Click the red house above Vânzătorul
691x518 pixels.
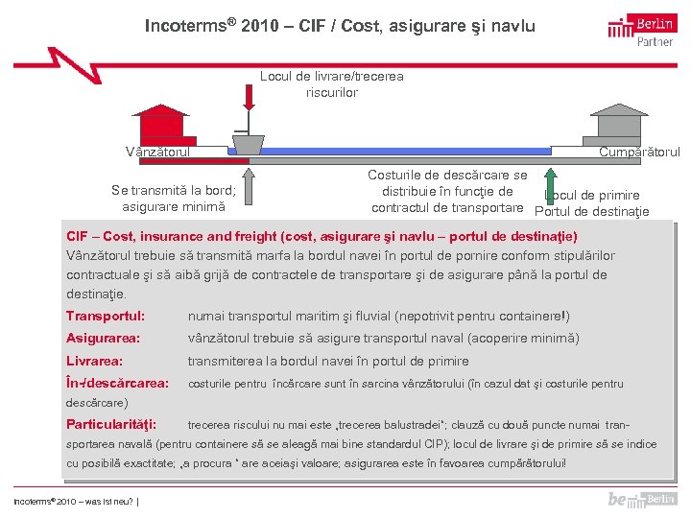point(159,124)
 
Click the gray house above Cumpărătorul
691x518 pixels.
point(619,123)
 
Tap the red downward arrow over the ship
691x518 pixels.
point(249,97)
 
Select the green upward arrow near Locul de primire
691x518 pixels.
point(550,186)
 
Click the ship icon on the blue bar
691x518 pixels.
point(248,143)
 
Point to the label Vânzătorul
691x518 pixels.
point(158,152)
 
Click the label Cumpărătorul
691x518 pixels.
point(639,152)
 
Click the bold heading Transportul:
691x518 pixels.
point(106,316)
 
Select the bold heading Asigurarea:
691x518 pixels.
point(104,339)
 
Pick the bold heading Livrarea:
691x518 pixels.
point(94,361)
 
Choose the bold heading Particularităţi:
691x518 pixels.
point(111,424)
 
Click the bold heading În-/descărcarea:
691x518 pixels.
point(117,384)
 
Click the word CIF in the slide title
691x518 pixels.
point(310,26)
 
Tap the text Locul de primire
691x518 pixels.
point(599,196)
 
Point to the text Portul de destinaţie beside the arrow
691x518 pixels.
point(591,212)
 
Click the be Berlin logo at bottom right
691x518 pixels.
point(642,499)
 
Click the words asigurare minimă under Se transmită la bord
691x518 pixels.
point(174,206)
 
